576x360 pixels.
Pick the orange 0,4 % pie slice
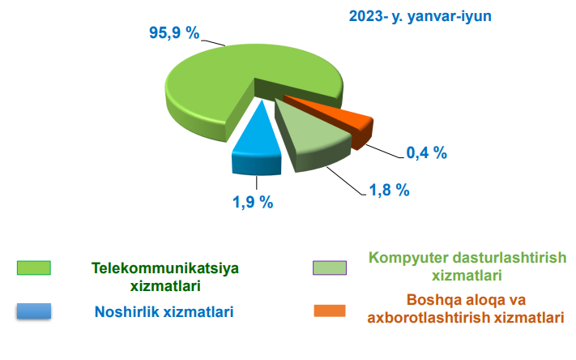(x=342, y=122)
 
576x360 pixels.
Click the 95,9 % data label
(x=174, y=32)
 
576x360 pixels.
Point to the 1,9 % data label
(x=253, y=202)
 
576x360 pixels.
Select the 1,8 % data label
(x=390, y=190)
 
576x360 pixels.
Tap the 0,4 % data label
(x=426, y=152)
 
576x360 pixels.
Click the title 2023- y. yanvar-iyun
(x=420, y=16)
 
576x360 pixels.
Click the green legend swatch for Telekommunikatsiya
(x=34, y=268)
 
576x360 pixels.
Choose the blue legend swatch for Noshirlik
(x=34, y=311)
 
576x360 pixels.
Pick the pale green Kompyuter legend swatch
(x=330, y=268)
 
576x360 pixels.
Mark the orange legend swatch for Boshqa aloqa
(x=330, y=311)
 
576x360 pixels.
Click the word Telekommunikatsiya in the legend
(x=165, y=268)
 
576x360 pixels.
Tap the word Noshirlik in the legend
(x=127, y=311)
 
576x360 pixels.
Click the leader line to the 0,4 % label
(x=384, y=152)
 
